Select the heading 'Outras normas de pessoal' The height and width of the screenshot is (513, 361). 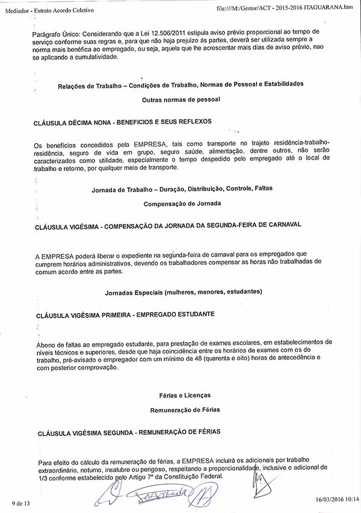[181, 98]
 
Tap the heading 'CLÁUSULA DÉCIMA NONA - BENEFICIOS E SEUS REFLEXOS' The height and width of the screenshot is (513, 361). [123, 121]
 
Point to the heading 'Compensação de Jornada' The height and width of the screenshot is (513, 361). [182, 204]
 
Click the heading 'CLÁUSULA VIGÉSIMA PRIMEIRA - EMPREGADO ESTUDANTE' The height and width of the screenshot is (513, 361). [126, 314]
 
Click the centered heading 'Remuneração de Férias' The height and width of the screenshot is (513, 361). [185, 409]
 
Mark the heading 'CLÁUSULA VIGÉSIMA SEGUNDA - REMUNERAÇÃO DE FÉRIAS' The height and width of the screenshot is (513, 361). [129, 432]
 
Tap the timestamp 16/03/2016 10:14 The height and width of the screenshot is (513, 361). [337, 499]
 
